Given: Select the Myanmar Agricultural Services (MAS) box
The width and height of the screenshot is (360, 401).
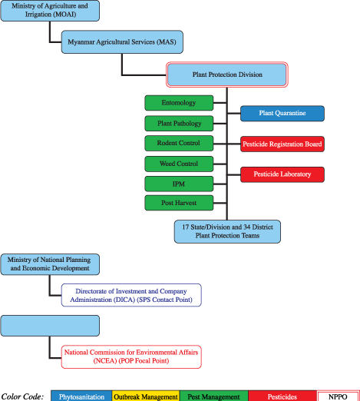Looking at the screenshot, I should pos(122,43).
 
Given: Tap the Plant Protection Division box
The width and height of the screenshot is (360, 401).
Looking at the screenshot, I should pos(227,75).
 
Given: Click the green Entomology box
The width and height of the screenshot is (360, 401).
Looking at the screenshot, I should pos(179,103).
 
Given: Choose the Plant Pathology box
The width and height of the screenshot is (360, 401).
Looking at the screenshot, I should pos(179,123).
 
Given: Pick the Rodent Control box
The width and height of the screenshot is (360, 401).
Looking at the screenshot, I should pos(179,143).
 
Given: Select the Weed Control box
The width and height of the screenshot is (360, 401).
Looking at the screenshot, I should pos(179,163).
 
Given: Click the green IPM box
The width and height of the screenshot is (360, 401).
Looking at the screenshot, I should pos(179,184).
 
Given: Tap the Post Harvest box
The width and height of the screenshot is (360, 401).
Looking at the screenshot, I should pos(179,204).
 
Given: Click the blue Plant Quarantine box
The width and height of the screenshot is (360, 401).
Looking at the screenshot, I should pos(282,114).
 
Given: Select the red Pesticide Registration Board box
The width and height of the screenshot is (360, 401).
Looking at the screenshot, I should pos(282,144).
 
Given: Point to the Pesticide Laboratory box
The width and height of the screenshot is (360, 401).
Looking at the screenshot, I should pos(282,174).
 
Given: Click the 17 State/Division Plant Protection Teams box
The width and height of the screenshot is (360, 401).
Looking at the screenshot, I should pos(227,231).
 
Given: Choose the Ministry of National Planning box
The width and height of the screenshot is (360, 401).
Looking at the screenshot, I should pos(50,263).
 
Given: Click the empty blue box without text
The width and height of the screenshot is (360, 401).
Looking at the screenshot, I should pos(50,326).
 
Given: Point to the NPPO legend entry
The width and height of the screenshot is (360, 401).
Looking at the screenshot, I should pos(337,396).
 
